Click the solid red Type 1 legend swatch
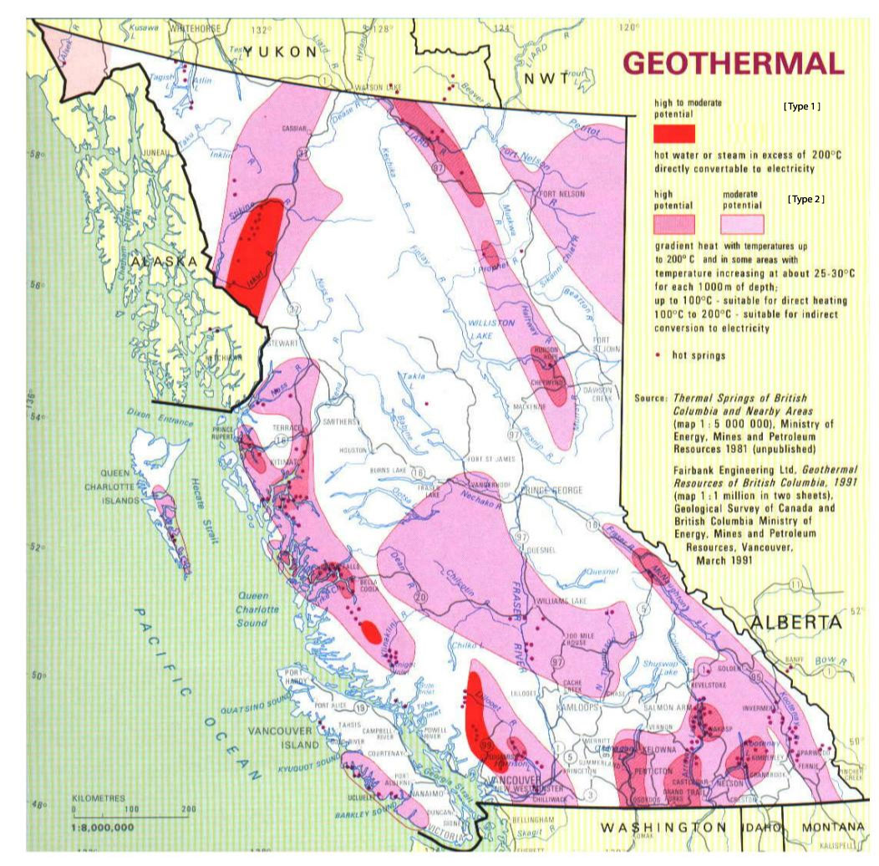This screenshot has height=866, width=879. [674, 133]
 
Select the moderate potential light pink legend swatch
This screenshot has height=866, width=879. [743, 224]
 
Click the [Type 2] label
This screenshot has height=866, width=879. [806, 200]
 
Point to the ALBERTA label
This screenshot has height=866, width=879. [795, 623]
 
